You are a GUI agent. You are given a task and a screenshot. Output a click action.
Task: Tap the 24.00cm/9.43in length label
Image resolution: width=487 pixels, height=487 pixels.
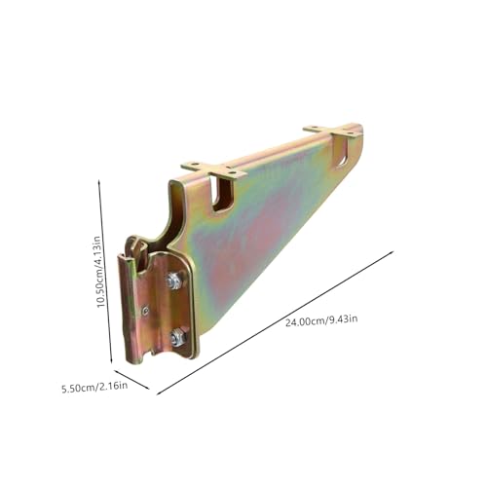click(321, 320)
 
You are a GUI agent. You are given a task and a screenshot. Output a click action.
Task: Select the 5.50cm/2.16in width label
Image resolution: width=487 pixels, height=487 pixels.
click(94, 387)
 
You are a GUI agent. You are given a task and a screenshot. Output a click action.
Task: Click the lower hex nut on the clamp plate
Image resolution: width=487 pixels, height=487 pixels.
click(178, 337)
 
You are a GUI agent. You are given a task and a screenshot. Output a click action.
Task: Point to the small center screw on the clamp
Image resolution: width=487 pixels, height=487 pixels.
click(146, 311)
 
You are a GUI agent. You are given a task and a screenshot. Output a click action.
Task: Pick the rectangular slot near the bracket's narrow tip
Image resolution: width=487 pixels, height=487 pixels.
click(344, 151)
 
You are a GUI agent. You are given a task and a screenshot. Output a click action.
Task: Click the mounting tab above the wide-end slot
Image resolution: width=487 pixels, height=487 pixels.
click(214, 169)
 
